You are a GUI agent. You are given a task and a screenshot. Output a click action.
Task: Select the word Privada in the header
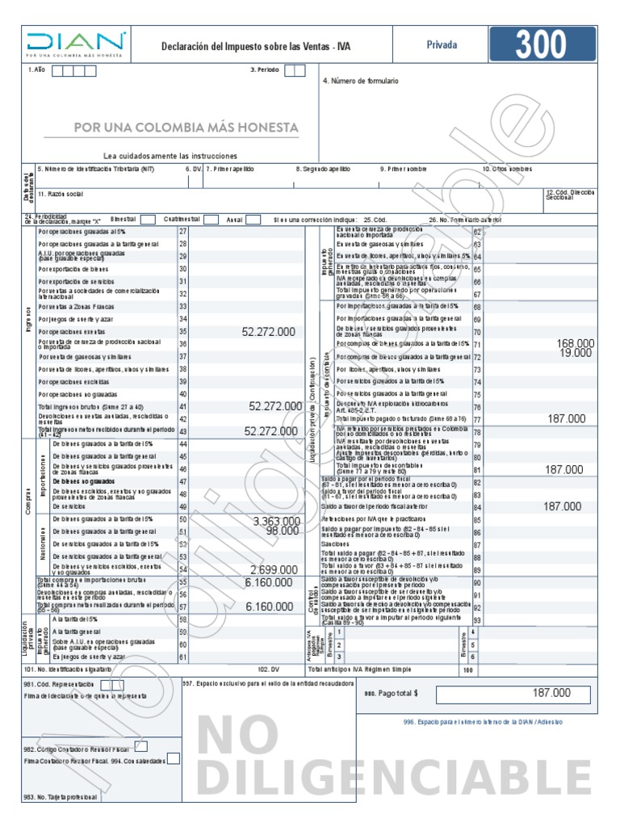[442, 46]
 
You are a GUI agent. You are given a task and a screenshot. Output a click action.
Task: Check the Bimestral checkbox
[148, 220]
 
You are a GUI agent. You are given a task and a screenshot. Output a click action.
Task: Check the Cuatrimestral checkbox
[211, 220]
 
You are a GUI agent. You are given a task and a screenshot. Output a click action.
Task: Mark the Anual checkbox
[253, 220]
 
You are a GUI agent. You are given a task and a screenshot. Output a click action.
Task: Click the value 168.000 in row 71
[575, 343]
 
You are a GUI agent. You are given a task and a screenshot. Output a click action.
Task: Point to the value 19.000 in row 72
[577, 353]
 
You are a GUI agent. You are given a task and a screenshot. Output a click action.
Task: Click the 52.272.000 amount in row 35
[268, 332]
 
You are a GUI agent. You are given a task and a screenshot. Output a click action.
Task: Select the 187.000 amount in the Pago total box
[551, 693]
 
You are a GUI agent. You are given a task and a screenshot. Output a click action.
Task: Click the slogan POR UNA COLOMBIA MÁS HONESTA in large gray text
[186, 128]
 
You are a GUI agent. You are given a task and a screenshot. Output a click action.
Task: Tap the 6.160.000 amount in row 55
[269, 582]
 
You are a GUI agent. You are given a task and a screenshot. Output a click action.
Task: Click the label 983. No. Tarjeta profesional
[61, 797]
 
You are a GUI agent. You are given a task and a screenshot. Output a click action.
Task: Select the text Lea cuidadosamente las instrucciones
[170, 155]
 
